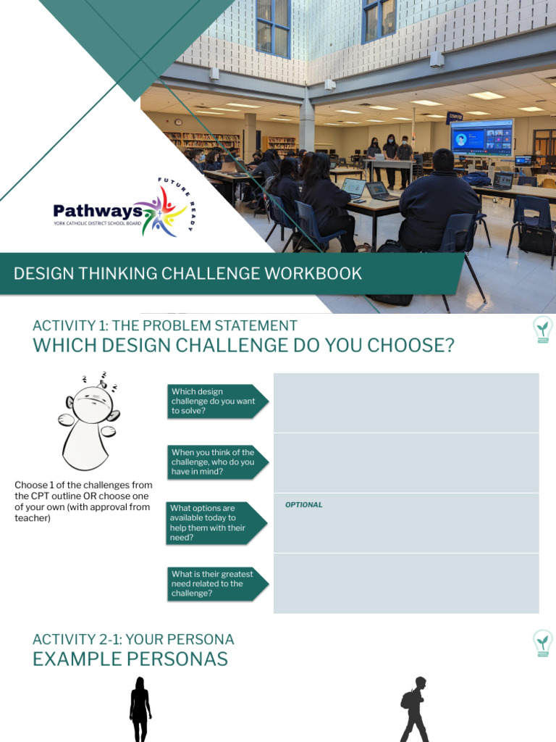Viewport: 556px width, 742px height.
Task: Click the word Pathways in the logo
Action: pyautogui.click(x=97, y=211)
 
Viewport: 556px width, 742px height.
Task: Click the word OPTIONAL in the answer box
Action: pyautogui.click(x=304, y=504)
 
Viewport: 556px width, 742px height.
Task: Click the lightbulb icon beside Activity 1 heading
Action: pyautogui.click(x=542, y=329)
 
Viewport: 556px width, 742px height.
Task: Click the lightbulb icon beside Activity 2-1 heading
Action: pyautogui.click(x=542, y=642)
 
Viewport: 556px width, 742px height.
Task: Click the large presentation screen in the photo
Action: pyautogui.click(x=481, y=138)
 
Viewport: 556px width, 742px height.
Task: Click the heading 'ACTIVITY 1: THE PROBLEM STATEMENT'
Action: pyautogui.click(x=164, y=325)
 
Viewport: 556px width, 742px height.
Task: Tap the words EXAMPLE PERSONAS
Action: pyautogui.click(x=130, y=659)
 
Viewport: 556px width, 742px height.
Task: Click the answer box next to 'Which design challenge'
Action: pyautogui.click(x=405, y=402)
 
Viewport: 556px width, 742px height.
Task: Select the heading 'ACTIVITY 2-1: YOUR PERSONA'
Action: pyautogui.click(x=133, y=639)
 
